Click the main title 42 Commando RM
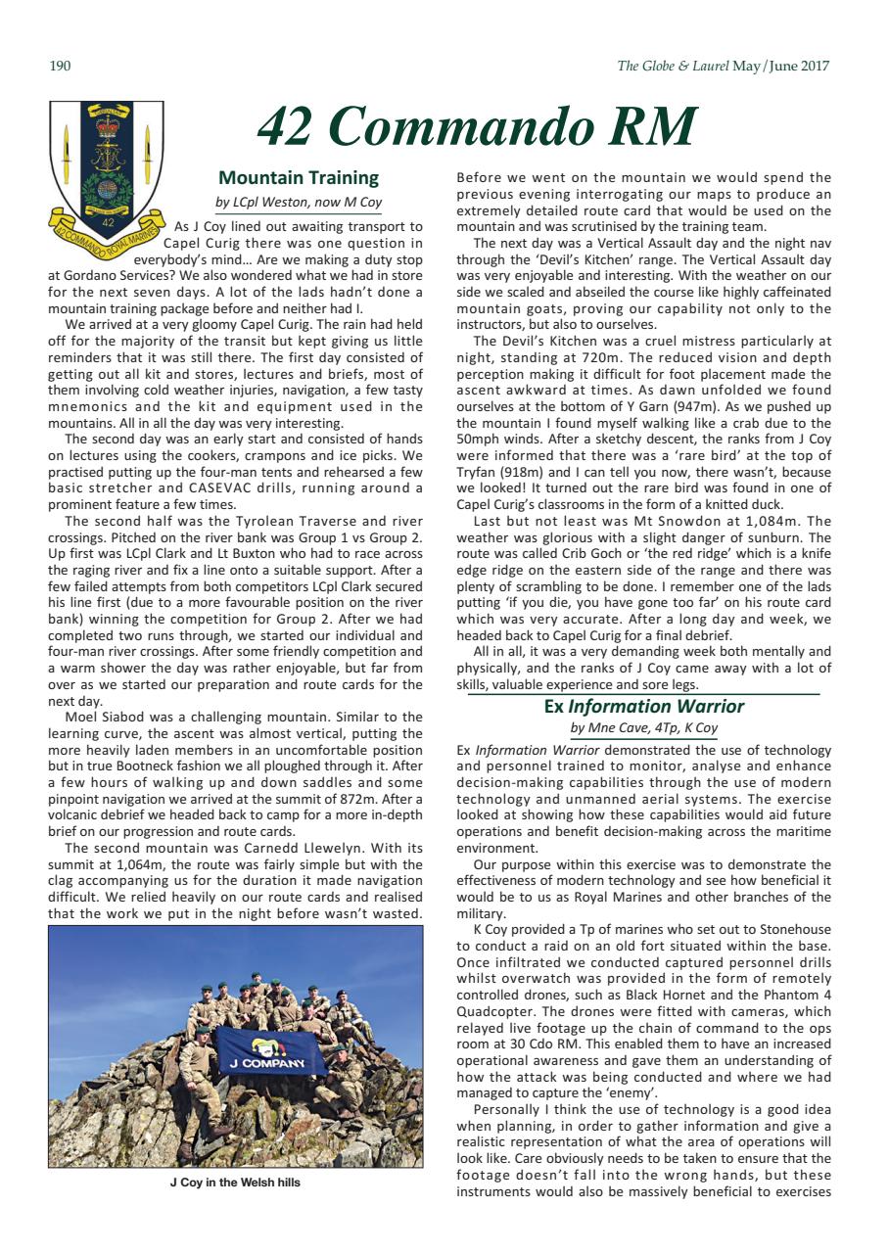pos(476,127)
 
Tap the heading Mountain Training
pos(298,177)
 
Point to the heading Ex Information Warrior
pos(643,706)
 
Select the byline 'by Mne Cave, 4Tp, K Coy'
pos(643,728)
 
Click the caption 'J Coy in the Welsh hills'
pos(235,1183)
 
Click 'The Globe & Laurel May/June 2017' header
pos(723,67)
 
